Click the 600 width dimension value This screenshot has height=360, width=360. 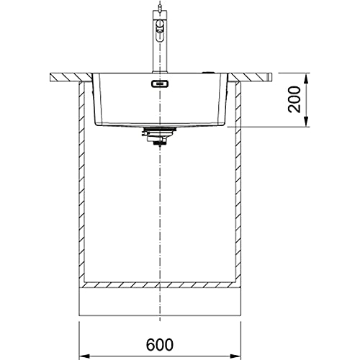coord(160,345)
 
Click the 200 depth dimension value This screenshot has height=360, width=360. coord(294,99)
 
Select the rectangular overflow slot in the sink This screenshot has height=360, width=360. coord(160,84)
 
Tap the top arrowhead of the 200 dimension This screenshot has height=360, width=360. coord(306,78)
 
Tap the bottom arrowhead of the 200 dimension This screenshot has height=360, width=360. coord(306,121)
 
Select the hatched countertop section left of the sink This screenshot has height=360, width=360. coord(71,77)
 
